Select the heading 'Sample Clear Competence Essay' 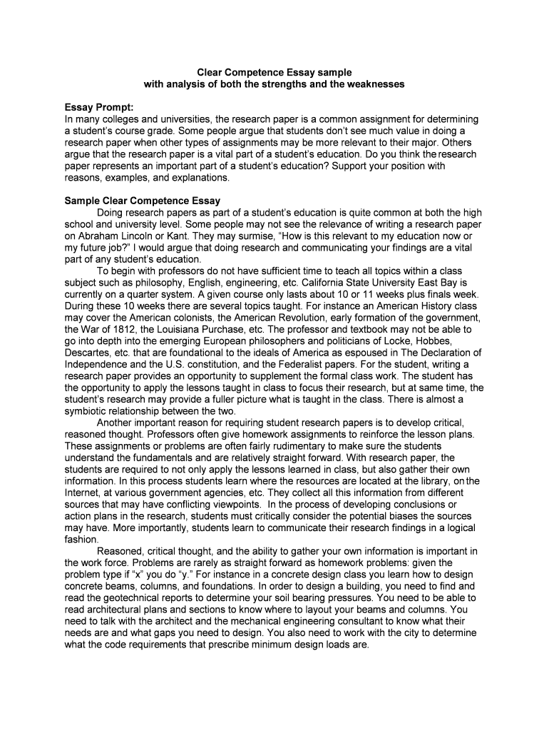click(143, 201)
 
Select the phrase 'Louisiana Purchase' click(194, 329)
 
